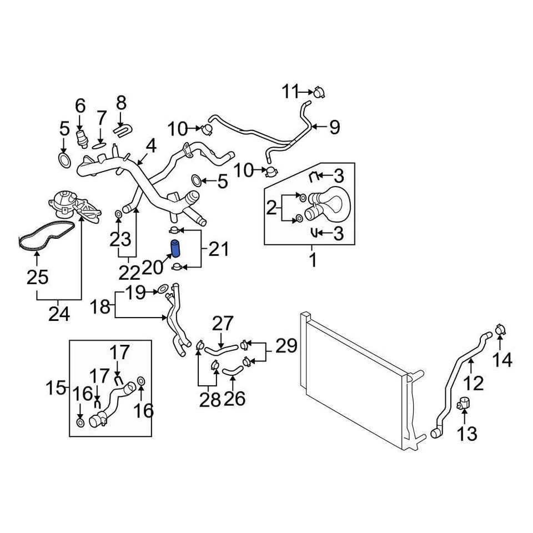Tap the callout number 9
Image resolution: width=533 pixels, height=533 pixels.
pyautogui.click(x=334, y=128)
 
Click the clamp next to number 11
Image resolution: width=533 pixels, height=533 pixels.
pyautogui.click(x=318, y=92)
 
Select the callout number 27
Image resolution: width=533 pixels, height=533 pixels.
pyautogui.click(x=224, y=324)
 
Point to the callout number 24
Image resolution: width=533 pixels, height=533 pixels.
pyautogui.click(x=59, y=314)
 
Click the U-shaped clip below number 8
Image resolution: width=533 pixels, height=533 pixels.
pyautogui.click(x=121, y=129)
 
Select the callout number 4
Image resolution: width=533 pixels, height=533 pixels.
pyautogui.click(x=151, y=146)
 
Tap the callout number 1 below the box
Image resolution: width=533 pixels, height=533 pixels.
pyautogui.click(x=313, y=259)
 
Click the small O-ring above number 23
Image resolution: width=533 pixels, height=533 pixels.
pyautogui.click(x=118, y=214)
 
